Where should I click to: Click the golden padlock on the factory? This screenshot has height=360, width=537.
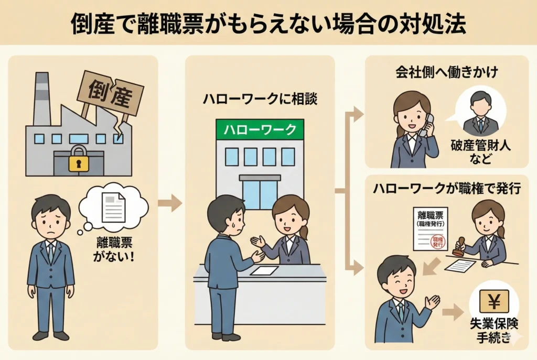click(x=78, y=159)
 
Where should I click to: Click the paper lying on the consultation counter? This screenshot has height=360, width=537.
click(x=264, y=270)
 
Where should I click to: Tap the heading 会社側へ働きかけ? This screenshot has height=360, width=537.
click(x=446, y=72)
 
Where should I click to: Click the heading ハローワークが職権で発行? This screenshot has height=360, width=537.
click(x=446, y=189)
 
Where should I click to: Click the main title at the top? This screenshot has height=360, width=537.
click(x=268, y=23)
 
